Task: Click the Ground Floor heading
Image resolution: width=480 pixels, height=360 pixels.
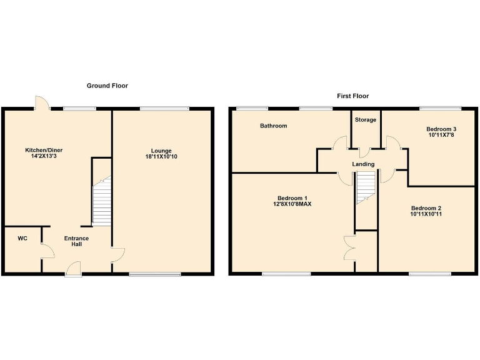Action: [x=107, y=86]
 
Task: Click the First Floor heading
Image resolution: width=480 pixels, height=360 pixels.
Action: [x=352, y=96]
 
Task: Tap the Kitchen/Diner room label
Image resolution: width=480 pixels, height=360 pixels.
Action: [x=44, y=150]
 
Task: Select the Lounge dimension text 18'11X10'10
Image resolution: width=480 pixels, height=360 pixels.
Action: [x=161, y=157]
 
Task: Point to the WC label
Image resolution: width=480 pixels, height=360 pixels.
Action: [x=22, y=238]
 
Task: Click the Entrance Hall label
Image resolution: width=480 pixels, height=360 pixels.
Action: [x=76, y=241]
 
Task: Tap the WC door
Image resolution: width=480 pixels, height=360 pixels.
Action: [x=47, y=251]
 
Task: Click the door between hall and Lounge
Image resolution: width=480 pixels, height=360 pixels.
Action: [x=118, y=255]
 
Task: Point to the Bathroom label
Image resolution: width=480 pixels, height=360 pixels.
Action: [x=274, y=126]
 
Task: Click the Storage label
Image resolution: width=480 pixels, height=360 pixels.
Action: [x=366, y=119]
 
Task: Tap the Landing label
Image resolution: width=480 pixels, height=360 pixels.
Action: [x=363, y=164]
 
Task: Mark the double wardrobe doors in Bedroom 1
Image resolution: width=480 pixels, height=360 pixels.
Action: [x=347, y=244]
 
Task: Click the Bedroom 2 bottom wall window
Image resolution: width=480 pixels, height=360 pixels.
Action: [x=430, y=273]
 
